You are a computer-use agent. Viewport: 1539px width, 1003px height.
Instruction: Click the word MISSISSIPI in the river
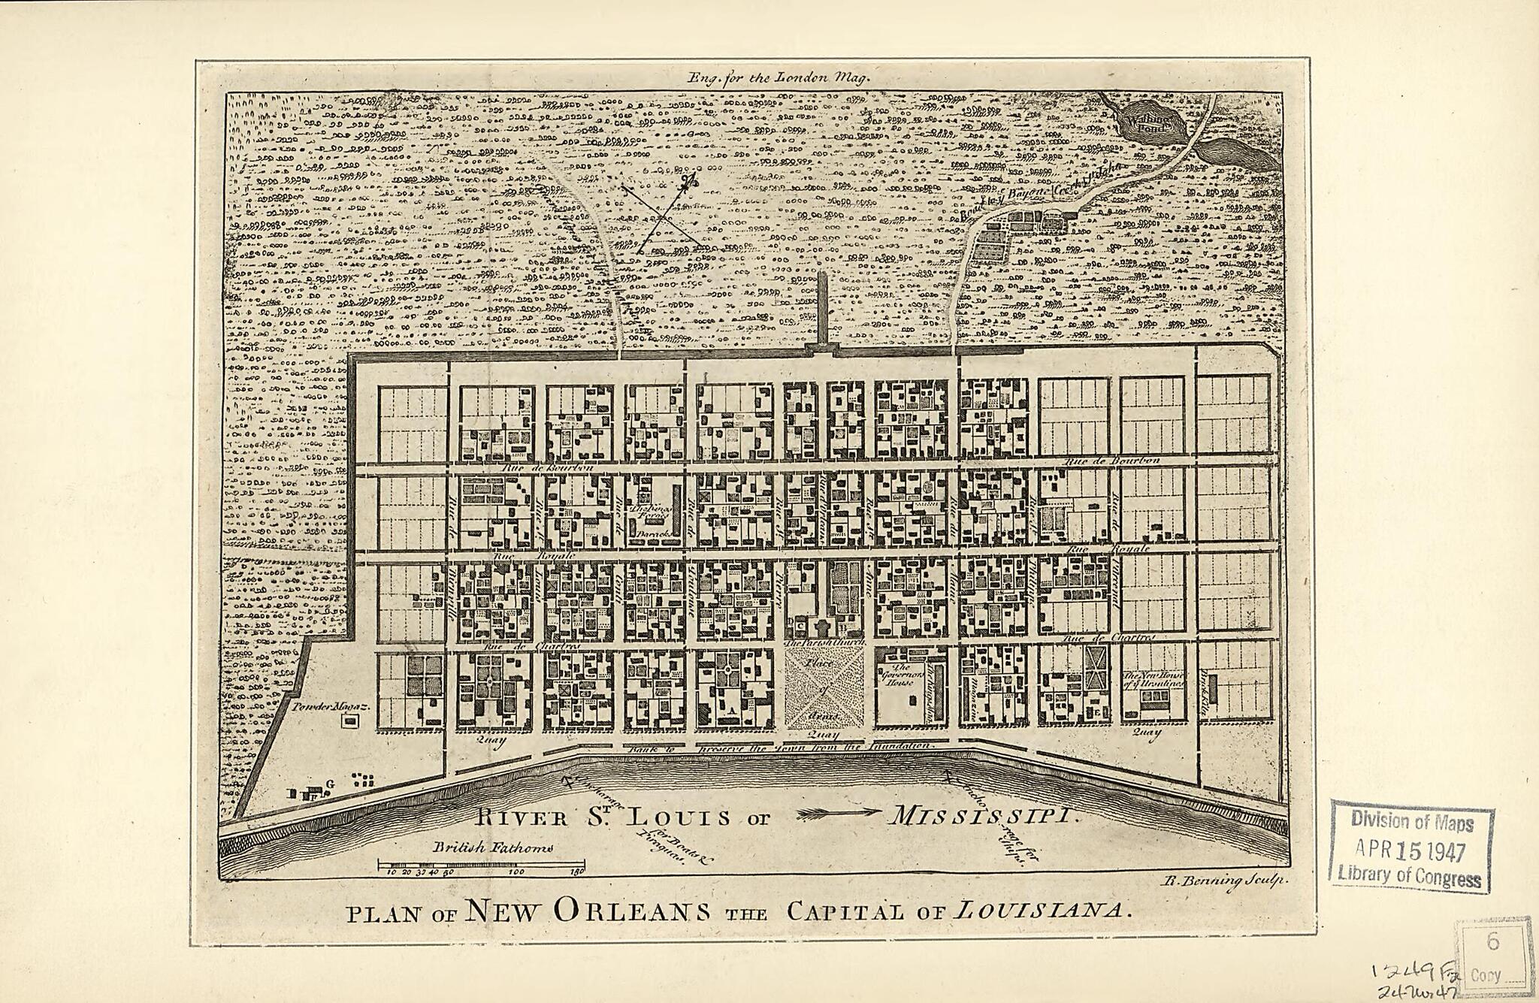tap(982, 815)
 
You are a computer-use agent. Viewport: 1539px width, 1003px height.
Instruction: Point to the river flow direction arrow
tap(839, 812)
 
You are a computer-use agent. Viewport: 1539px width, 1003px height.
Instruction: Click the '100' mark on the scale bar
tap(517, 872)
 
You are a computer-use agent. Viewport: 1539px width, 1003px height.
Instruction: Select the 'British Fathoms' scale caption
tap(493, 847)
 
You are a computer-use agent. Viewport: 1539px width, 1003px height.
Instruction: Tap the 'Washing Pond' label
tap(1150, 122)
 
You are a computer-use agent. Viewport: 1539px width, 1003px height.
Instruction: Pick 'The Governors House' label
tap(900, 675)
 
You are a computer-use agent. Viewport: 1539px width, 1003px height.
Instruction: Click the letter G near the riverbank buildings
tap(329, 784)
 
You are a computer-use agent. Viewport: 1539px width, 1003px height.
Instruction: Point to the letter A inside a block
tap(730, 709)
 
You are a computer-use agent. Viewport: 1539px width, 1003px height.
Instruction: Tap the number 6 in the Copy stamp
tap(1492, 941)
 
